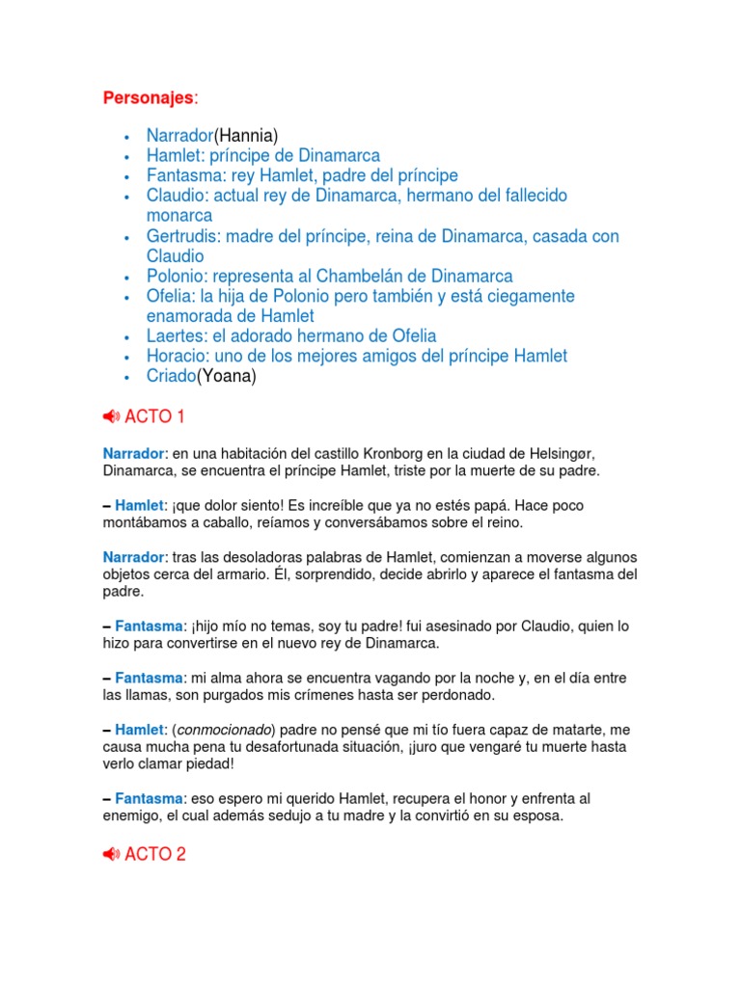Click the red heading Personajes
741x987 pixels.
(x=149, y=98)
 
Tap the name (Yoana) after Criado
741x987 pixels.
(x=227, y=376)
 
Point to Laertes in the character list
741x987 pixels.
(x=174, y=335)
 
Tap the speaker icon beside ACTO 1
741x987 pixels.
(x=111, y=417)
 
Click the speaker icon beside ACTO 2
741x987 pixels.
(x=111, y=854)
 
